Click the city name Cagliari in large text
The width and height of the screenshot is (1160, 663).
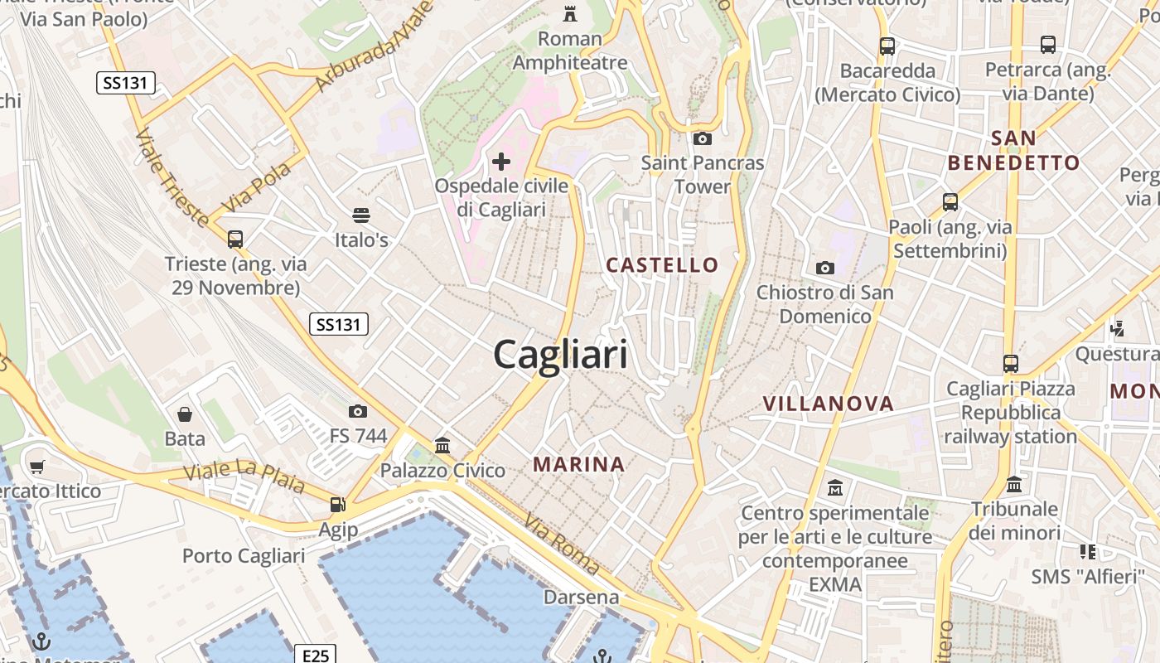(560, 356)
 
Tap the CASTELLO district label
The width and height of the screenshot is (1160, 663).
(662, 265)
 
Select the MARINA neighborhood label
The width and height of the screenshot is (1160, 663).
(578, 464)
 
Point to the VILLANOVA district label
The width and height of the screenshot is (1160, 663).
(828, 404)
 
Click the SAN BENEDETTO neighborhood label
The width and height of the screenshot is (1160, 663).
(1013, 150)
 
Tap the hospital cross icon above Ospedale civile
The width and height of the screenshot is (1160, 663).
(501, 162)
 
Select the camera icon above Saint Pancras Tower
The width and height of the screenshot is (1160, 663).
(702, 138)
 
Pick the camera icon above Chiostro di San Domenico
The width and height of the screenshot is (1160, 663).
(824, 268)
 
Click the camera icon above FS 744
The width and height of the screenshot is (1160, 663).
(358, 411)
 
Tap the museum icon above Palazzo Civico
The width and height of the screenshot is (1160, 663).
(442, 446)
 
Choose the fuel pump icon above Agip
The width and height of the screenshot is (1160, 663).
(338, 504)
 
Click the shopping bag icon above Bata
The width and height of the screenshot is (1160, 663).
(185, 414)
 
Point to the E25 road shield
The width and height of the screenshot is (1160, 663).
(316, 656)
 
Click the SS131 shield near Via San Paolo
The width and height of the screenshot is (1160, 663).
(126, 83)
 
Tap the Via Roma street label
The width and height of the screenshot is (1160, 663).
(561, 544)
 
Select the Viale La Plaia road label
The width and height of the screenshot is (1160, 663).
(244, 477)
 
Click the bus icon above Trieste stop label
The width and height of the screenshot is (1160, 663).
(235, 240)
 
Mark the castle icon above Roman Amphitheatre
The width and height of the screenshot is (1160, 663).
(570, 14)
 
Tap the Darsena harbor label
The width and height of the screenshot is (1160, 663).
(581, 597)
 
